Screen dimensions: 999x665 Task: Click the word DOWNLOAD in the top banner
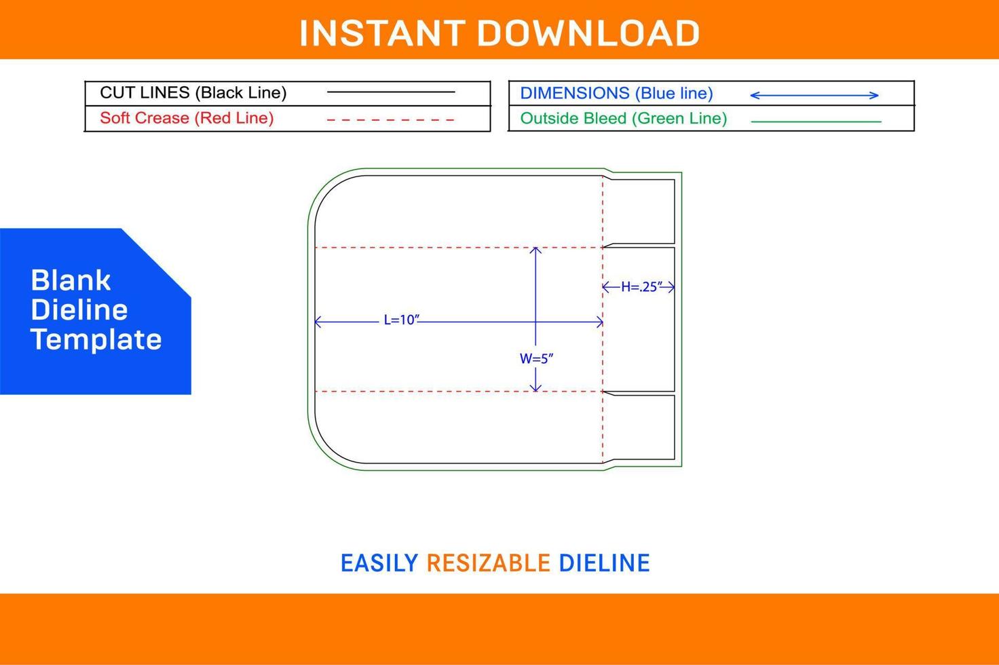[588, 33]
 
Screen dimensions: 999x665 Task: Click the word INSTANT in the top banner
[383, 33]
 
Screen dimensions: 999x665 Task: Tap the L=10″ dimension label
[401, 320]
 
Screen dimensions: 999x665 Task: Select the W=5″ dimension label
[536, 358]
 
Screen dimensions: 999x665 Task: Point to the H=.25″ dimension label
[641, 287]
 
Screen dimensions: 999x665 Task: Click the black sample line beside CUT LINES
[391, 92]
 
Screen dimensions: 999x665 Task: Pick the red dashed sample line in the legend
[391, 120]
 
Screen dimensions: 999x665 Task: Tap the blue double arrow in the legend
[814, 95]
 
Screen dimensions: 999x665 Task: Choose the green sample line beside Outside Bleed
[816, 121]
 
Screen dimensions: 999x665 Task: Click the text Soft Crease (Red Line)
[187, 118]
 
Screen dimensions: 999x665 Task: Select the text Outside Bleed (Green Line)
[624, 119]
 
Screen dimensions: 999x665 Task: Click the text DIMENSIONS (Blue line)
[616, 93]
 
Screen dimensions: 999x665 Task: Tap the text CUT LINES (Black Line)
[193, 93]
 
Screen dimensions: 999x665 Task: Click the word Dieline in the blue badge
[79, 310]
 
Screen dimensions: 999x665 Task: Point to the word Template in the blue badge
[96, 339]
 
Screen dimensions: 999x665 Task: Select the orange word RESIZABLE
[489, 563]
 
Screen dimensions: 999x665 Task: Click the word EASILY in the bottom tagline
[379, 563]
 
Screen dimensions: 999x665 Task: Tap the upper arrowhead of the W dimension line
[535, 250]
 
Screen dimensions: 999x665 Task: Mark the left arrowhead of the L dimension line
[318, 322]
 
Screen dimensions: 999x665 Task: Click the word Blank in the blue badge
[71, 280]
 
